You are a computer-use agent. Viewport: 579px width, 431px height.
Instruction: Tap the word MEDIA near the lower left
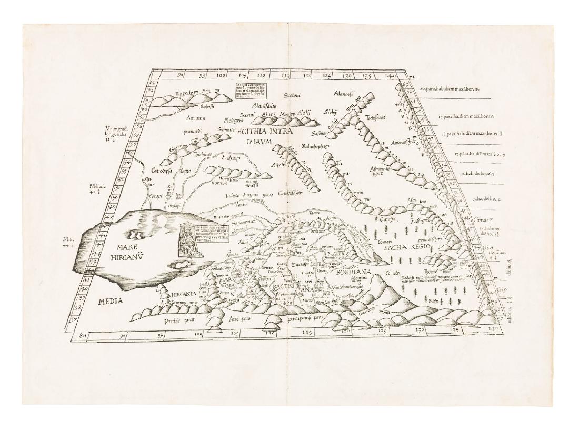pyautogui.click(x=111, y=302)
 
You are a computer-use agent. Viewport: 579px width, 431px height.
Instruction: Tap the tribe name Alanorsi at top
pyautogui.click(x=346, y=94)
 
